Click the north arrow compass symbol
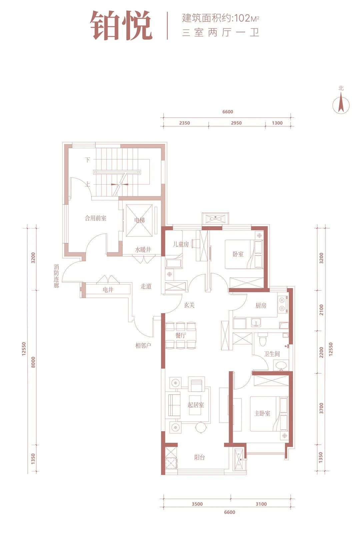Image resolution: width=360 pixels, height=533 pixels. [x=341, y=105]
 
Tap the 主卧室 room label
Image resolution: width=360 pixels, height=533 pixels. [x=262, y=413]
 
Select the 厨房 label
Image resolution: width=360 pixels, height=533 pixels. [x=261, y=305]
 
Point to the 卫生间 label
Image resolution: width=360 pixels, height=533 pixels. [x=272, y=354]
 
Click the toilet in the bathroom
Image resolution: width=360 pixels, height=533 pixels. [x=263, y=339]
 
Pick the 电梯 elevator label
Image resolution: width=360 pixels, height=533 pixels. [x=140, y=220]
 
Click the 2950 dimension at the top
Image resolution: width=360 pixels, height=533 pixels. [x=236, y=123]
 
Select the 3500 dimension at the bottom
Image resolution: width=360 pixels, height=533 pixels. [x=197, y=504]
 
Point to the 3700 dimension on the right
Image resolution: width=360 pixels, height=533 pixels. [x=321, y=408]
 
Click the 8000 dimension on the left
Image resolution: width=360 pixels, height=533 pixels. [x=33, y=362]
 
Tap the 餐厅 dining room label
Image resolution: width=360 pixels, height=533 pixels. [x=180, y=335]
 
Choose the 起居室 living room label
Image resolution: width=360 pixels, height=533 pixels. [x=196, y=405]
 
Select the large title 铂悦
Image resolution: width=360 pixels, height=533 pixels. [x=121, y=26]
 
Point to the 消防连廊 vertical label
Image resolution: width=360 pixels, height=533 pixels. [x=56, y=276]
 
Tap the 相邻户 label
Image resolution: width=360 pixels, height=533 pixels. [x=143, y=345]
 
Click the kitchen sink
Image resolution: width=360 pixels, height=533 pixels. [x=256, y=323]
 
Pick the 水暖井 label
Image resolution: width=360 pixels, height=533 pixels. [x=143, y=250]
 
